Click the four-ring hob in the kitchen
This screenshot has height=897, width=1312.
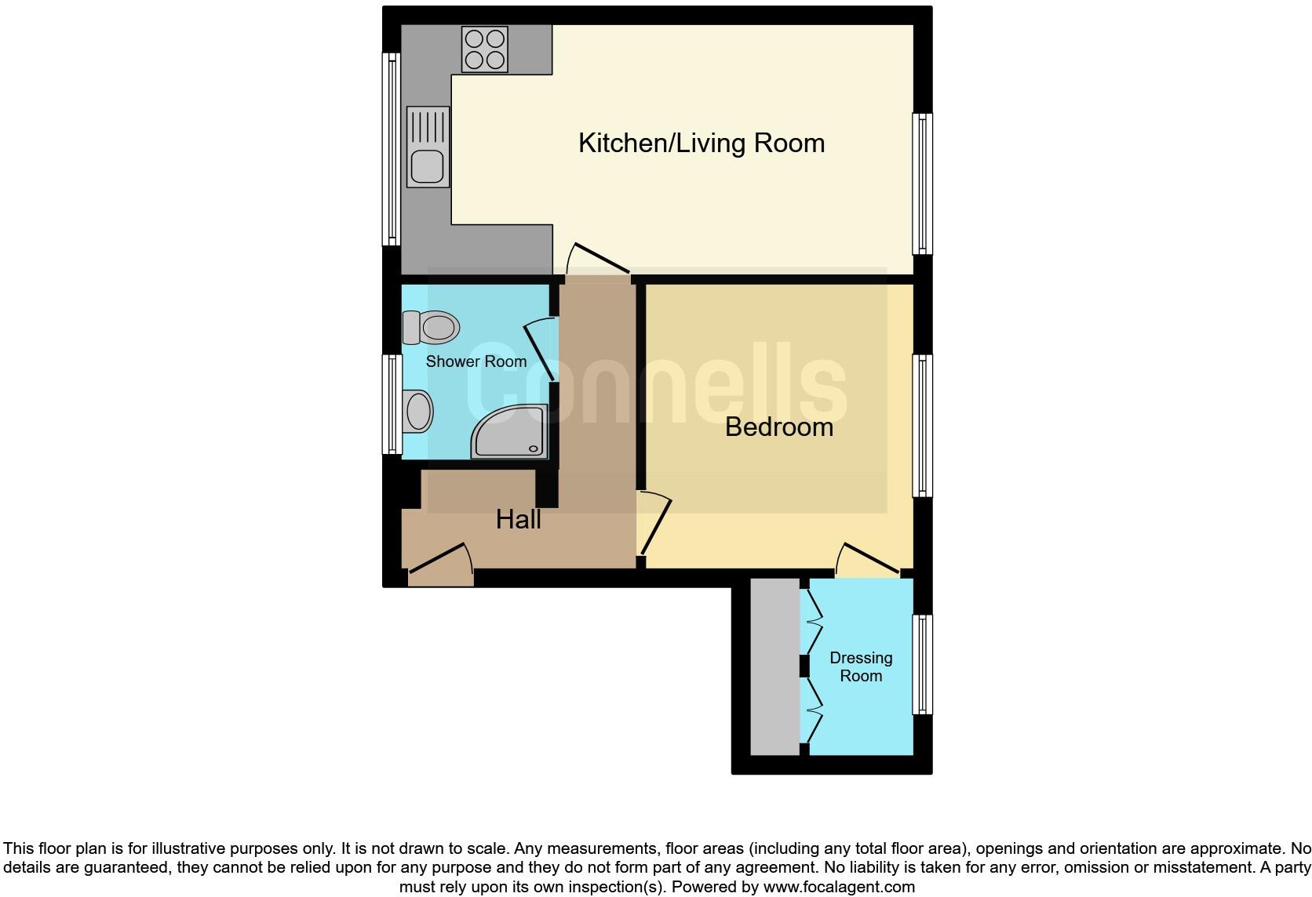484,49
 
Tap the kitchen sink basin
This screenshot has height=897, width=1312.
428,165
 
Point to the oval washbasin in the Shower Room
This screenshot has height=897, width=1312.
417,410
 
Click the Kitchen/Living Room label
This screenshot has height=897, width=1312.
701,143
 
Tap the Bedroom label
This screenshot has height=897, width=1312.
778,427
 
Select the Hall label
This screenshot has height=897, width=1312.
518,519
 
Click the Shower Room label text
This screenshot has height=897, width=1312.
476,361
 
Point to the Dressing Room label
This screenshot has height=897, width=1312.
861,666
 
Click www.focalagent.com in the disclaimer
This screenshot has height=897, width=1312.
839,888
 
